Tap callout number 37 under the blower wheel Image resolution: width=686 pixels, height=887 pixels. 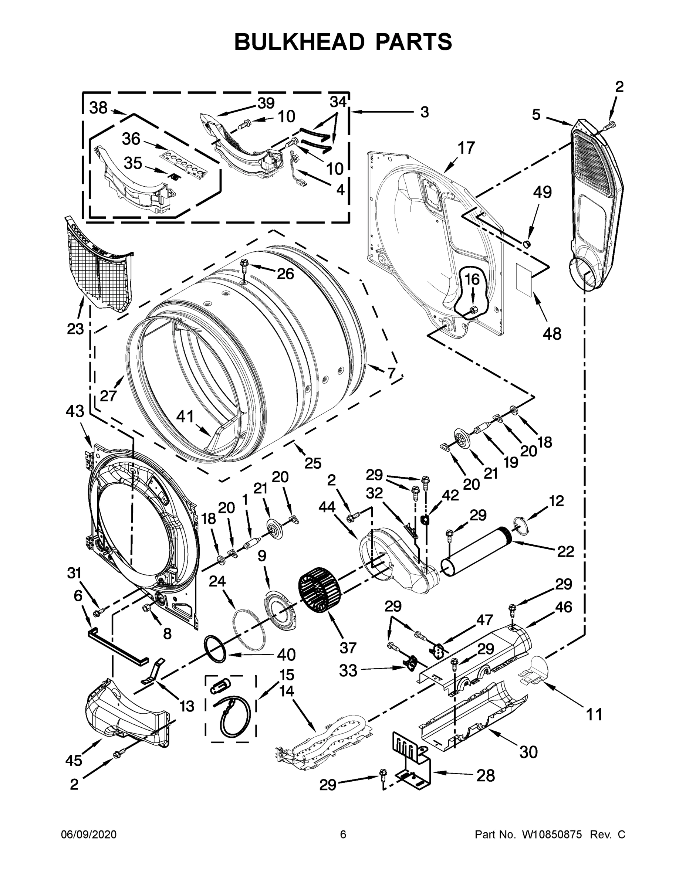pos(348,648)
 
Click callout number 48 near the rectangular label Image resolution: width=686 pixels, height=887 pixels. pos(552,333)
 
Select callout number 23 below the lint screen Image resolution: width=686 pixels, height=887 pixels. pos(75,329)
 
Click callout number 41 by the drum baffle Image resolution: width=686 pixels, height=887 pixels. pos(185,416)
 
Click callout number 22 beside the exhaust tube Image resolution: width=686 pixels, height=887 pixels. pos(565,551)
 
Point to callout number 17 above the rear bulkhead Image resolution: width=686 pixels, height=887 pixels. pos(466,148)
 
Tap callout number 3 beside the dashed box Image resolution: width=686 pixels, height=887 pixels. pos(424,112)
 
